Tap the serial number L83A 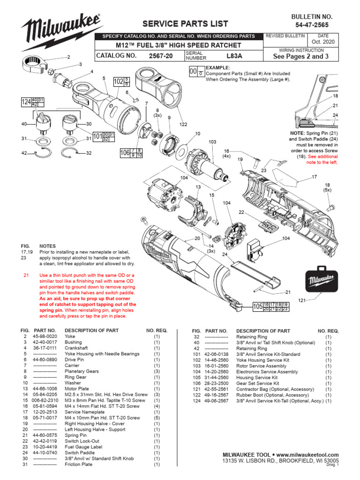pyautogui.click(x=234, y=55)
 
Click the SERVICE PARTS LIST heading pyautogui.click(x=185, y=23)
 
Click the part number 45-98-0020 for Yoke pyautogui.click(x=45, y=337)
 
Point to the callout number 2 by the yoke pyautogui.click(x=68, y=57)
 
